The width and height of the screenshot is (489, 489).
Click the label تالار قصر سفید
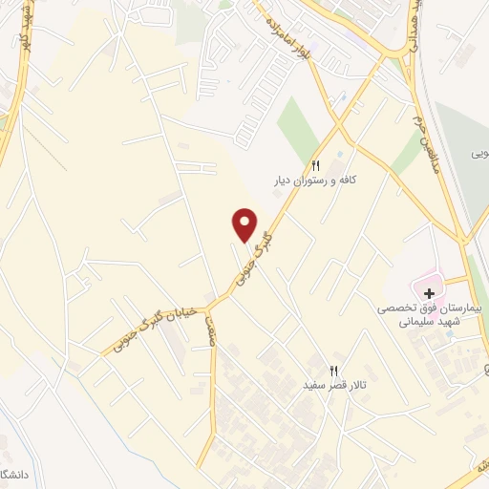(334, 385)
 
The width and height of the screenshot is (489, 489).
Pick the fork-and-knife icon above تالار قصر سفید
(334, 370)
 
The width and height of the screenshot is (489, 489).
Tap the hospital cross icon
(429, 289)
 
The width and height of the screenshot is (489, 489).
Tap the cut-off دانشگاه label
(10, 474)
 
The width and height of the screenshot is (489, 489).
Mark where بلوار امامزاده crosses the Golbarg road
(339, 119)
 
